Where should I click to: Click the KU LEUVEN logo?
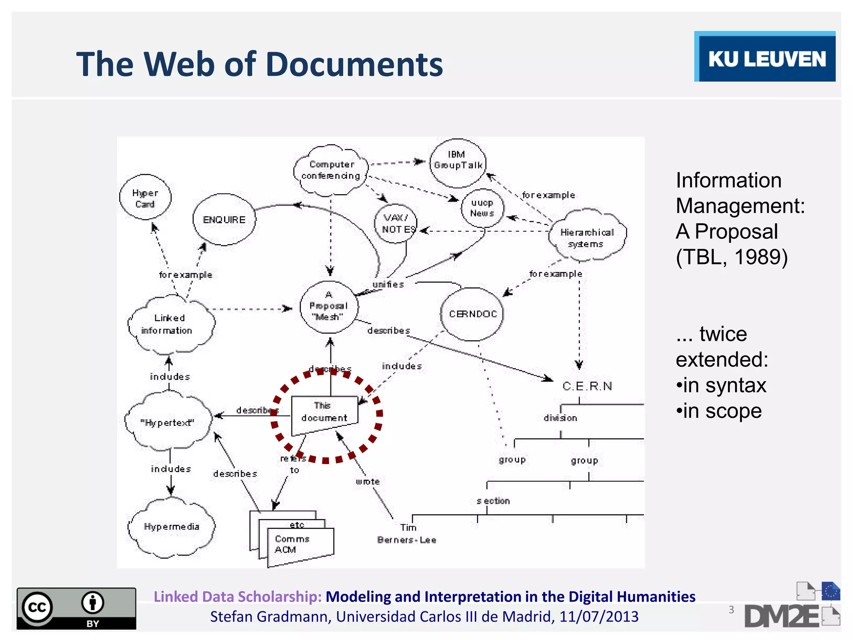point(765,57)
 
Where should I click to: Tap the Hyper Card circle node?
point(145,198)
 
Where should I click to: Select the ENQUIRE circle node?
point(224,220)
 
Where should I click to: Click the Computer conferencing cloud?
point(331,170)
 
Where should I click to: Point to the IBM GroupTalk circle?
point(458,162)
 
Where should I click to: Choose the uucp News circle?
point(482,208)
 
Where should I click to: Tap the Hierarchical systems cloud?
point(587,236)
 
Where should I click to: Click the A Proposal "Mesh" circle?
point(329,307)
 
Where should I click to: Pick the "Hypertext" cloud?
point(168,422)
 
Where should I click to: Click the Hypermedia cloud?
point(171,527)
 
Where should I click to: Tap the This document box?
point(324,413)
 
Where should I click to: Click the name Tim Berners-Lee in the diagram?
point(407,534)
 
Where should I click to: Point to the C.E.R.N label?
point(587,386)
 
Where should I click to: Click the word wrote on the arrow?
point(368,482)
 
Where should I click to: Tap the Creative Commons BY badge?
point(76,608)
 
